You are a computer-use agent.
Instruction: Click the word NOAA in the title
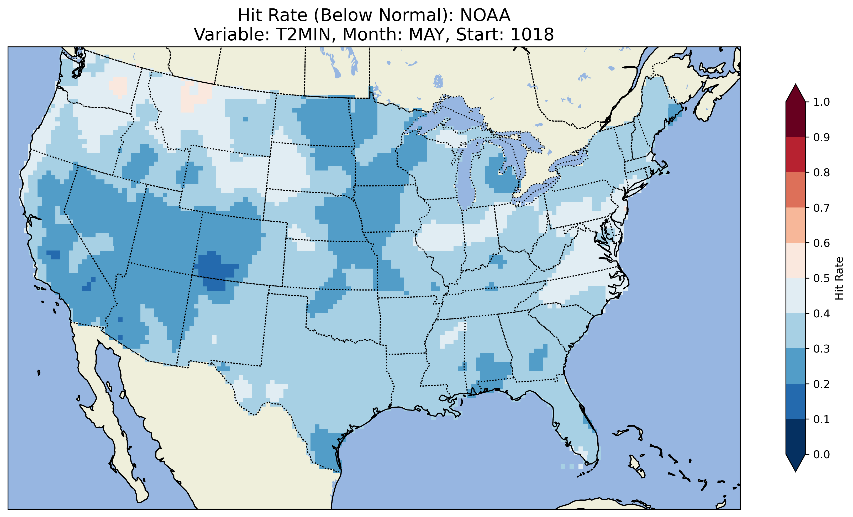[x=485, y=15]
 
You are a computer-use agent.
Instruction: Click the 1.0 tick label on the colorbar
[x=822, y=102]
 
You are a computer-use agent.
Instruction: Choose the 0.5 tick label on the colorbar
[x=822, y=278]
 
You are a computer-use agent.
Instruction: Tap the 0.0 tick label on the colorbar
[x=822, y=454]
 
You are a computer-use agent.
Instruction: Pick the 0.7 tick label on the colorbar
[x=822, y=208]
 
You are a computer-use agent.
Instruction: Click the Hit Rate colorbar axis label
[x=839, y=278]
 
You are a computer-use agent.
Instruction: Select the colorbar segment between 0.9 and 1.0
[x=796, y=119]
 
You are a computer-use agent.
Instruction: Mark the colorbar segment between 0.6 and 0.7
[x=796, y=225]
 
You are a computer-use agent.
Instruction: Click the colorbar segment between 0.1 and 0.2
[x=796, y=401]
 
